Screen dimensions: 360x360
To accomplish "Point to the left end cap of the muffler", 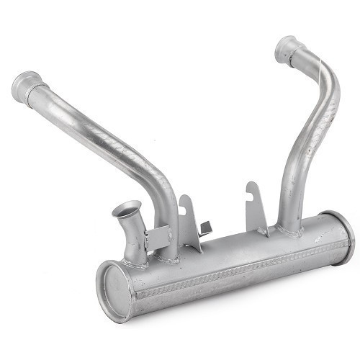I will [114, 291].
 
